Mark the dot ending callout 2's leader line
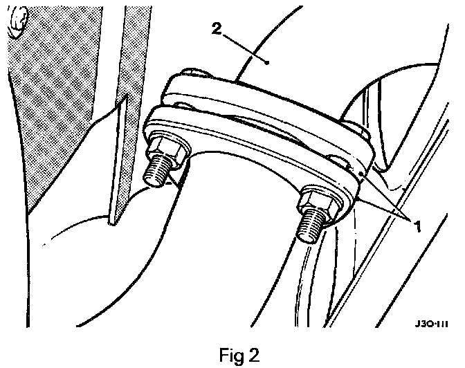coord(267,62)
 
